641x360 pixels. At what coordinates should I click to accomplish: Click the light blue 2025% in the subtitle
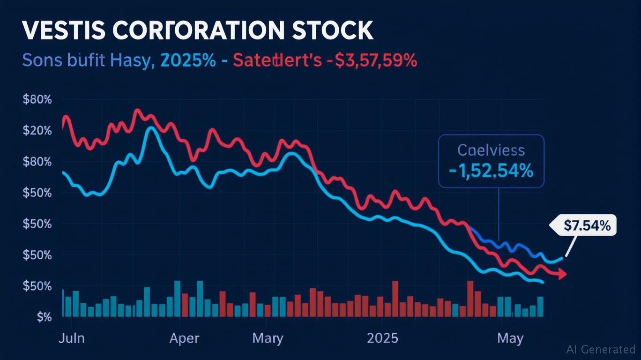click(187, 61)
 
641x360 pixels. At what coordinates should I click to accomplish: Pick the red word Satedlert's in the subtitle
click(277, 61)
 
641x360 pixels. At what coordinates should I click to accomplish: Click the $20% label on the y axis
click(37, 130)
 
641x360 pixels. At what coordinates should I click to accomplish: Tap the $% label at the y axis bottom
click(43, 317)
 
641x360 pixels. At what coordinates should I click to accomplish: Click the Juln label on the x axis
click(71, 338)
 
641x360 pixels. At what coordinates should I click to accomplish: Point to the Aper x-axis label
click(184, 338)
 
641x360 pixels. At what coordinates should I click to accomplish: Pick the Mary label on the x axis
click(268, 338)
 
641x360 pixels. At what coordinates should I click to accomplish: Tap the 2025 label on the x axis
click(382, 338)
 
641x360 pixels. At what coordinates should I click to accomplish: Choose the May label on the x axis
click(510, 338)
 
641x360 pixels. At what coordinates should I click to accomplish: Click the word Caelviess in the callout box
click(491, 151)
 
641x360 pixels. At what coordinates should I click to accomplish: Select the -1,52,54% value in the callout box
click(491, 171)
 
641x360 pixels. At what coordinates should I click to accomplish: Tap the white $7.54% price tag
click(587, 226)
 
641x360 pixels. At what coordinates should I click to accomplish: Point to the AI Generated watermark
click(601, 349)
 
